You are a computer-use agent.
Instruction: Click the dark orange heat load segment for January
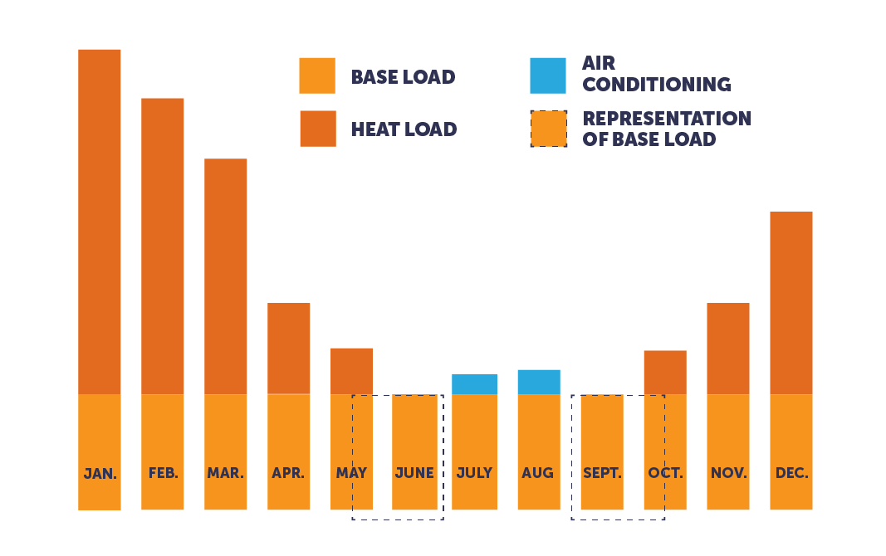[100, 222]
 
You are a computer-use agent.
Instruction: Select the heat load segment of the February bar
[163, 246]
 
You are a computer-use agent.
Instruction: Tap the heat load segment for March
[226, 276]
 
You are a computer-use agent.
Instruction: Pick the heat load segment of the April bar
[289, 349]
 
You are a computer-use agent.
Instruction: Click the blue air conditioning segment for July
[474, 384]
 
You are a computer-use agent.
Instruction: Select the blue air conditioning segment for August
[538, 382]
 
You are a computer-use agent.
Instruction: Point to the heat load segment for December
[791, 303]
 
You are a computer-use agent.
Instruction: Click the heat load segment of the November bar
[728, 349]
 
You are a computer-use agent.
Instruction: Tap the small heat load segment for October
[665, 372]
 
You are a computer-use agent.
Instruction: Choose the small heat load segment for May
[351, 371]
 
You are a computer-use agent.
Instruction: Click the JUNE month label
[414, 473]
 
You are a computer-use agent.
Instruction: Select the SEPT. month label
[602, 473]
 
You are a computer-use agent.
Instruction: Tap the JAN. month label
[100, 475]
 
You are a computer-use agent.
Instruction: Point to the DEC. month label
[791, 473]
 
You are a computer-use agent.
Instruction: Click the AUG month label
[537, 473]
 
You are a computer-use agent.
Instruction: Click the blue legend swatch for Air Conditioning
[548, 76]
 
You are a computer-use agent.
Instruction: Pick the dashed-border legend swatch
[548, 129]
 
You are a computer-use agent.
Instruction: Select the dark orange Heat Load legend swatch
[318, 129]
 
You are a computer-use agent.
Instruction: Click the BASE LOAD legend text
[403, 77]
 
